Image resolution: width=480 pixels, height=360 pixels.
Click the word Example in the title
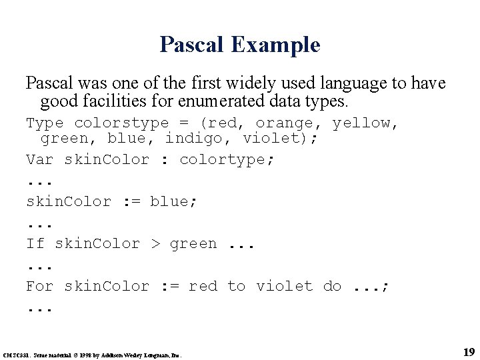[x=275, y=45]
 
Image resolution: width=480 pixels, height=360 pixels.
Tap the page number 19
[x=468, y=351]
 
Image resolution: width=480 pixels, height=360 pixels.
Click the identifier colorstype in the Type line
[x=122, y=123]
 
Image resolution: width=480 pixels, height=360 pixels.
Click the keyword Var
[x=40, y=160]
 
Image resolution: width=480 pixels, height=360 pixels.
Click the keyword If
[x=35, y=244]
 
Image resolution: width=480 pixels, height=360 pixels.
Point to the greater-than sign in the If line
[x=155, y=244]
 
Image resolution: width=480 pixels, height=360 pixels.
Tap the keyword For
[x=40, y=287]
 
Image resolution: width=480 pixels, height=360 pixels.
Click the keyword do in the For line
[x=332, y=287]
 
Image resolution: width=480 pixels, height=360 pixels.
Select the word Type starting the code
[x=45, y=123]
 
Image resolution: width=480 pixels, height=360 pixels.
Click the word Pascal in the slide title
[x=193, y=45]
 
